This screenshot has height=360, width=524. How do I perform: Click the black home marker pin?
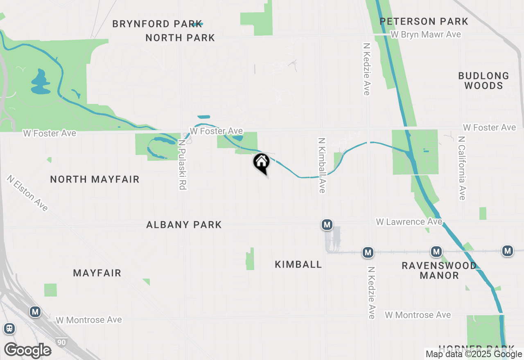[261, 163]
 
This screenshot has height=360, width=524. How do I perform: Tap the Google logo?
[28, 350]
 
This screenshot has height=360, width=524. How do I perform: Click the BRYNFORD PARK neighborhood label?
[157, 24]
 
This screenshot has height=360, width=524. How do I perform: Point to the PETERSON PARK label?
[424, 21]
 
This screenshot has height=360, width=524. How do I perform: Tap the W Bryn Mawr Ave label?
[426, 34]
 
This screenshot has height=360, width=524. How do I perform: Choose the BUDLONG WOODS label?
[483, 81]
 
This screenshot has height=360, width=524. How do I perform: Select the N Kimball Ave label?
[322, 165]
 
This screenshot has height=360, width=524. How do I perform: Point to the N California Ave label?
[462, 168]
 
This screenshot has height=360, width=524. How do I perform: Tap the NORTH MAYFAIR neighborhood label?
[95, 179]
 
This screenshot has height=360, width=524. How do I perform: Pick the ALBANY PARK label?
[184, 225]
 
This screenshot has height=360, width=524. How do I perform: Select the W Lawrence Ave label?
[409, 222]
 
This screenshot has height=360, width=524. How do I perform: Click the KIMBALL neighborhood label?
[298, 264]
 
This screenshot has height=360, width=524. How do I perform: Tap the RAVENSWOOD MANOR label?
[439, 270]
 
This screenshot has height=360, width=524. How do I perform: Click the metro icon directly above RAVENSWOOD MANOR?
[436, 251]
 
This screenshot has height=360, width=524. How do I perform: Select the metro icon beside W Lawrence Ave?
[326, 224]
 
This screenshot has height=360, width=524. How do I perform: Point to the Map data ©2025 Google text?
[474, 354]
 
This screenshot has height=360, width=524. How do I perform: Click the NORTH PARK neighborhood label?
[180, 38]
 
